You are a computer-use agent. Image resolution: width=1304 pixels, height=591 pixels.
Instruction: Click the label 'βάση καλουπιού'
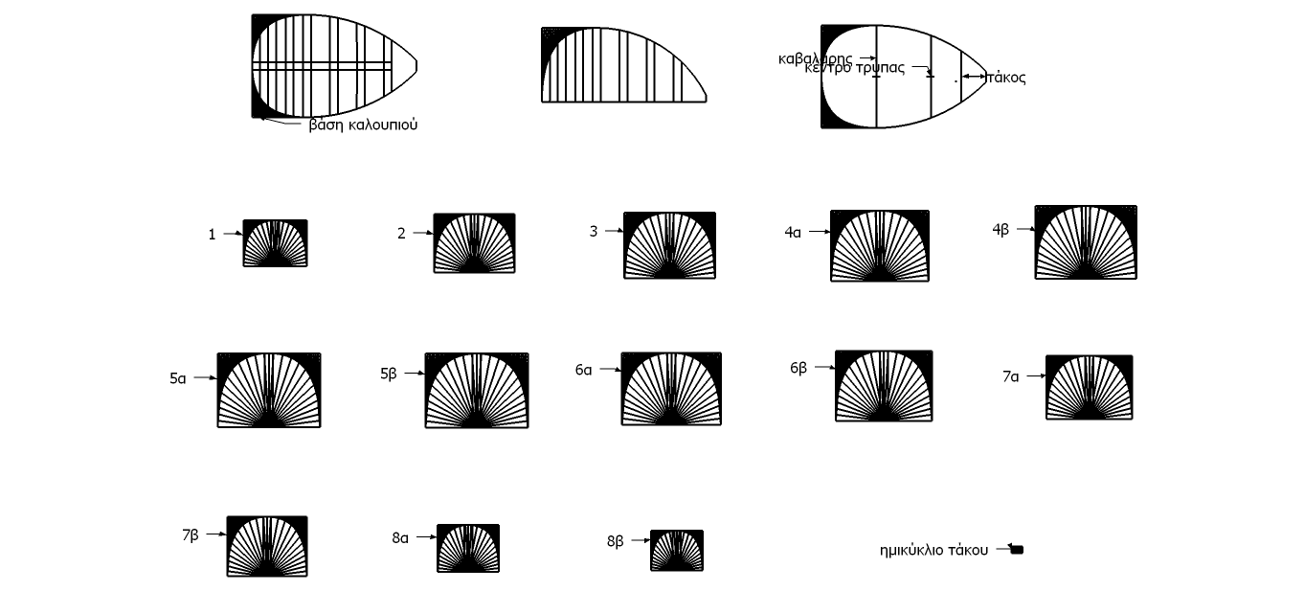coord(363,125)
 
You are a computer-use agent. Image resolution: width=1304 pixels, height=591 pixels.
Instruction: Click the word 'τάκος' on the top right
coord(1006,79)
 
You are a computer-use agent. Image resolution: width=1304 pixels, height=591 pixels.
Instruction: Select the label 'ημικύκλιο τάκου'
coord(933,550)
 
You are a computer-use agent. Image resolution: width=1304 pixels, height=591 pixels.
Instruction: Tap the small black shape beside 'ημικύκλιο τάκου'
coord(1017,550)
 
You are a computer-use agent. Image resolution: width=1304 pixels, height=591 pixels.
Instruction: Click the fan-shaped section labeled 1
coord(276,243)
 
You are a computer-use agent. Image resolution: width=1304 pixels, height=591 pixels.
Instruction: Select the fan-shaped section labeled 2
coord(474,243)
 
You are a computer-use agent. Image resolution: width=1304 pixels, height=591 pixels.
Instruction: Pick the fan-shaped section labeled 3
coord(669,245)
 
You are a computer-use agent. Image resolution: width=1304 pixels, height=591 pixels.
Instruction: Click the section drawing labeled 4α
coord(879,246)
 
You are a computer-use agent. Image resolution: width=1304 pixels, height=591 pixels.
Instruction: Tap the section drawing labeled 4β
coord(1086,242)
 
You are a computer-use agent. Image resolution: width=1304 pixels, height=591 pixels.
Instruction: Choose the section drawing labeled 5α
coord(269,390)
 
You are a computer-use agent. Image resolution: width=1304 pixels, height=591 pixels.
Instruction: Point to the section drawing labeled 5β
coord(477,391)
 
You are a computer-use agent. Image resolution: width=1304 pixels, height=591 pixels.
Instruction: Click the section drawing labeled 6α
coord(671,389)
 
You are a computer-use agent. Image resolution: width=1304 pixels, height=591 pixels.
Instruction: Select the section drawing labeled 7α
coord(1089,387)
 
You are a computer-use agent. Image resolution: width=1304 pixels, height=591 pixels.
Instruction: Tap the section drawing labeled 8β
coord(677,551)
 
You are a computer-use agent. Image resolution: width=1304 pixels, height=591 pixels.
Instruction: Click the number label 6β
coord(798,368)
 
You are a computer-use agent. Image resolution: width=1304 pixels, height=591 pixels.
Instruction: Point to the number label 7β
coord(191,534)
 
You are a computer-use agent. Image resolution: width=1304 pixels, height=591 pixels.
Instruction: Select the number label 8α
coord(400,538)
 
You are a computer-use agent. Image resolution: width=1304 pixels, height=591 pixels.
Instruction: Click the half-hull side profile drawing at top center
coord(622,65)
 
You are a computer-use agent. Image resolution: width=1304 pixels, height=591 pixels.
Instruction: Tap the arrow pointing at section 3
coord(612,232)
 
